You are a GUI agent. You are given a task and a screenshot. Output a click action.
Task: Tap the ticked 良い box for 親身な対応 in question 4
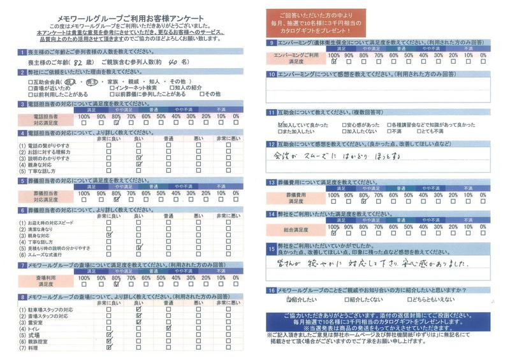(x=138, y=164)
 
